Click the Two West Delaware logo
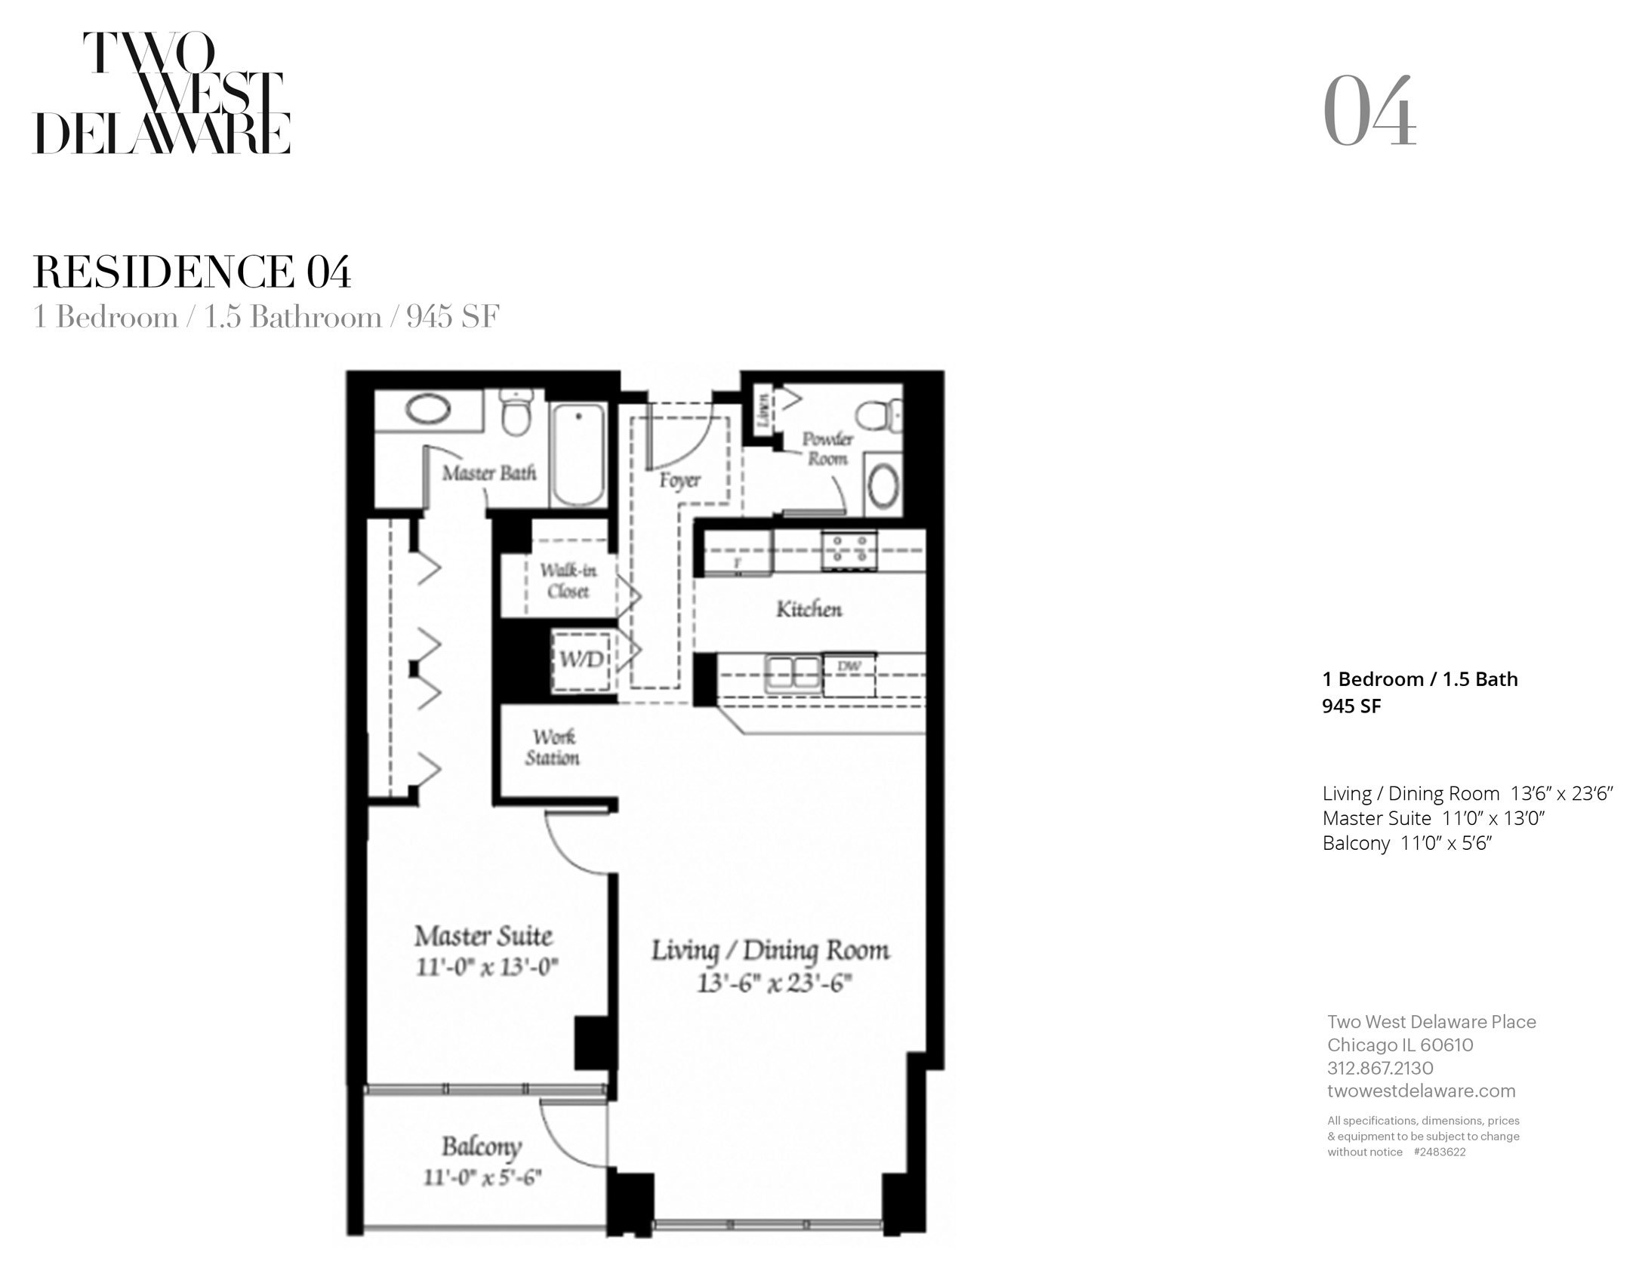tap(162, 93)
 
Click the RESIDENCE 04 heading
tap(193, 272)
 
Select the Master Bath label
tap(488, 473)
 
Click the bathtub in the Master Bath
tap(579, 456)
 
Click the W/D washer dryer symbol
tap(581, 659)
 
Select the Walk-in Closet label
tap(568, 581)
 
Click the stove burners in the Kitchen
tap(849, 549)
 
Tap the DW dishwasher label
tap(849, 666)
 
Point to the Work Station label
tap(553, 747)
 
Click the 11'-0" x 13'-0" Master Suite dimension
tap(487, 967)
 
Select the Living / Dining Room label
tap(770, 951)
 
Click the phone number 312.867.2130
tap(1380, 1068)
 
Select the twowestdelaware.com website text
tap(1421, 1091)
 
